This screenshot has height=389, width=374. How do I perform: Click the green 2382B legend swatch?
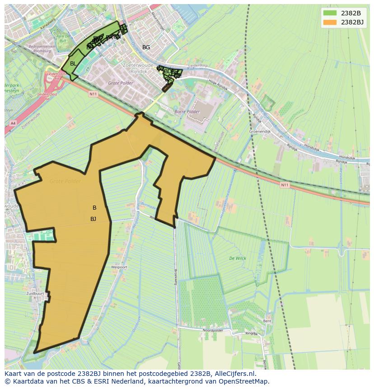tap(330, 13)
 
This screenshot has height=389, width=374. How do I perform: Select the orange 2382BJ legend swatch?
tap(330, 22)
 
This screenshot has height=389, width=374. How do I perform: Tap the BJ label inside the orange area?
tap(93, 219)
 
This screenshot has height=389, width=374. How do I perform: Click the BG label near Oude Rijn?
tap(146, 47)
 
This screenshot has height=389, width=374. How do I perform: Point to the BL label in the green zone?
tap(73, 64)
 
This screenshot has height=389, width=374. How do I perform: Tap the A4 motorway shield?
tap(12, 123)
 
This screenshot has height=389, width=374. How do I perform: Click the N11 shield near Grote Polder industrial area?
tap(93, 94)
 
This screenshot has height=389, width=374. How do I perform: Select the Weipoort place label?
tap(119, 267)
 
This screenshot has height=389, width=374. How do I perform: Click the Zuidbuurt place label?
tap(35, 293)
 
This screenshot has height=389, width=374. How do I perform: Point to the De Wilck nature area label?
tap(237, 258)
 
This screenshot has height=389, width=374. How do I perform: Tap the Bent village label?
tap(267, 321)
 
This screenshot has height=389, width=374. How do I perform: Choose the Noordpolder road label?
tap(214, 331)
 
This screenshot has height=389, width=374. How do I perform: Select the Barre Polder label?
tap(187, 111)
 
